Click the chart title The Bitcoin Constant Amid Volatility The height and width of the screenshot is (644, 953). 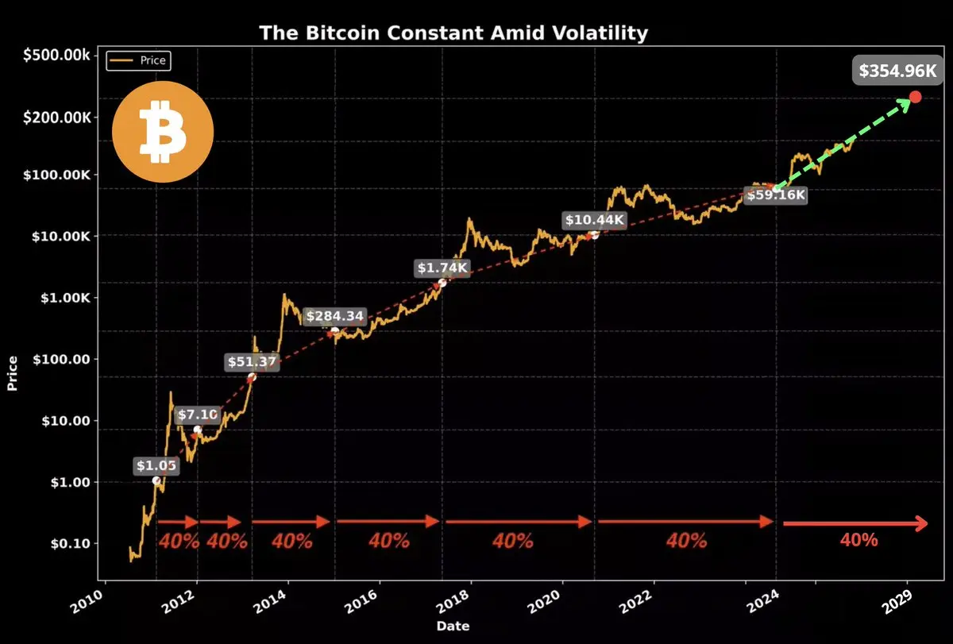pos(453,33)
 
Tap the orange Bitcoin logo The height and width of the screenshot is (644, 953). pos(163,131)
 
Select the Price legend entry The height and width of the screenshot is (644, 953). pos(139,60)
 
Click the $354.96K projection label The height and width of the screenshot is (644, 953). pos(898,71)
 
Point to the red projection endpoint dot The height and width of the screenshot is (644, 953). pos(915,97)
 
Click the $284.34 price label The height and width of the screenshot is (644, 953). pos(335,316)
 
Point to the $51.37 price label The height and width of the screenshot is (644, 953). pos(251,362)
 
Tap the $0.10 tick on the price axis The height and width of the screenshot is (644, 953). pos(70,544)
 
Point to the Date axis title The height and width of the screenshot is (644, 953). pos(453,627)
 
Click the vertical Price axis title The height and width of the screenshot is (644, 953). pos(13,373)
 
